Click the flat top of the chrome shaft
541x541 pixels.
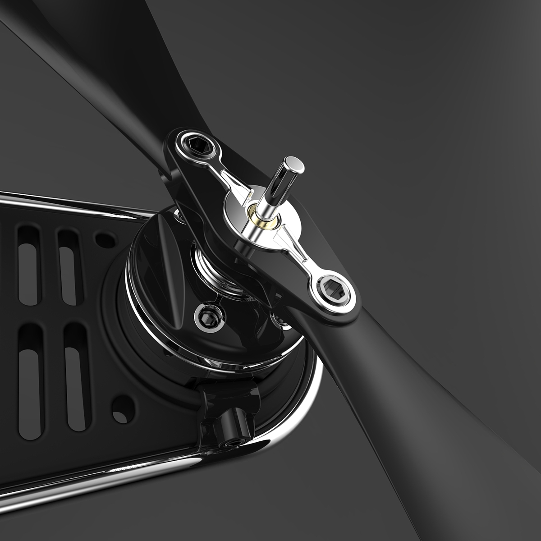(293, 164)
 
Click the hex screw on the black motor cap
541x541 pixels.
(207, 317)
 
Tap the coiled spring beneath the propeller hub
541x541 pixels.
(212, 266)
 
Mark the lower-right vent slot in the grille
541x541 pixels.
(77, 376)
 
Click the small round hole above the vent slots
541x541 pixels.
(105, 239)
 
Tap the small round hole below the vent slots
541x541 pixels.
(122, 408)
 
